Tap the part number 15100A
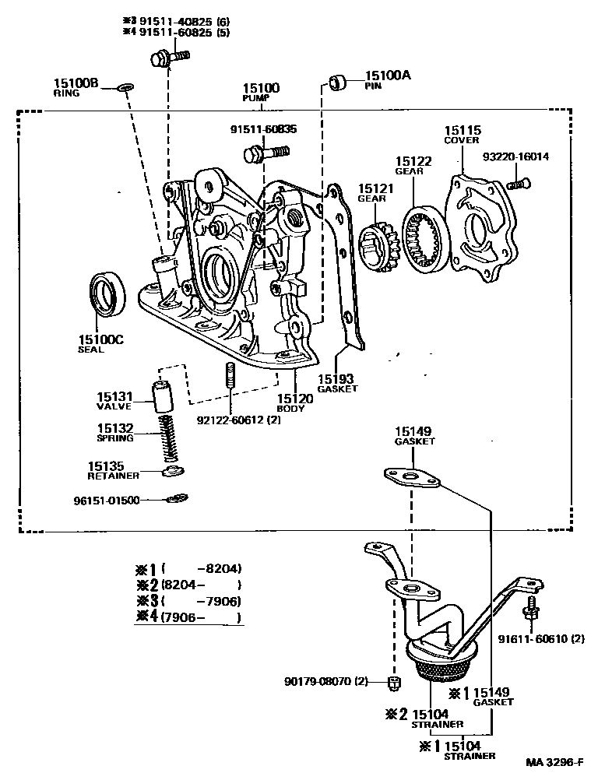pos(387,76)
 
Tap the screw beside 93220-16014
pos(517,184)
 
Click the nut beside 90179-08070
pos(393,683)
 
